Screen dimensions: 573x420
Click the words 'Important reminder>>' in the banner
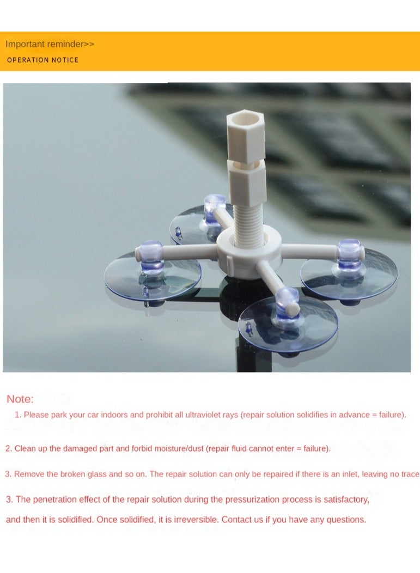[50, 44]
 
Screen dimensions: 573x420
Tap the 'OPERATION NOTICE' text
[42, 60]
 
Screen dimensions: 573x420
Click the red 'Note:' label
[20, 399]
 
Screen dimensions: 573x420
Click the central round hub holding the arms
[249, 250]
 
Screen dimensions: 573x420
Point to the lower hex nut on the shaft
[246, 177]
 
